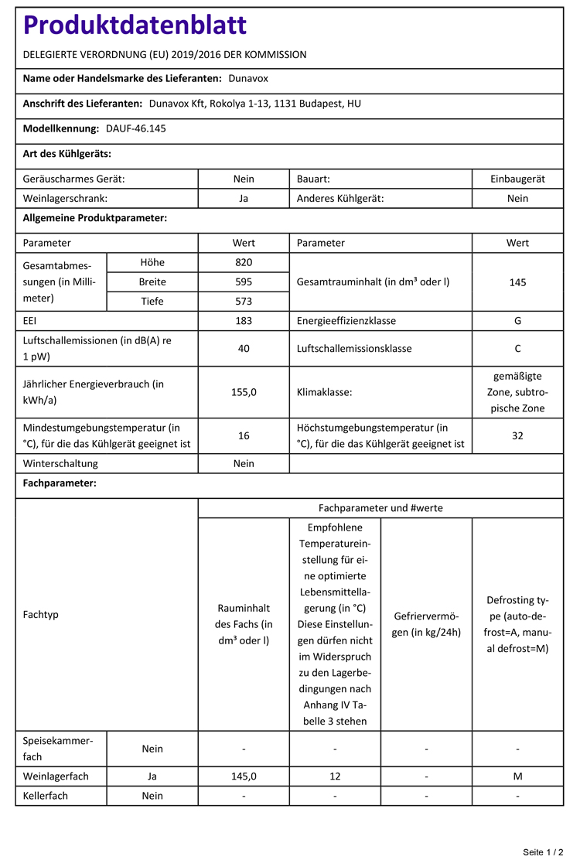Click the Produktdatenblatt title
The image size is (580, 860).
135,26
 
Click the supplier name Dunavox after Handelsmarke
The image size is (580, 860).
248,78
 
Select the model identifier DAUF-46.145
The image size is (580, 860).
135,128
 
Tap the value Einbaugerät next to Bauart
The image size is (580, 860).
517,179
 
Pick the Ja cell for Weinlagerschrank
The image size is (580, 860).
244,199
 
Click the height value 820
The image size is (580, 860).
244,262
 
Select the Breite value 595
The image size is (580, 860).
244,282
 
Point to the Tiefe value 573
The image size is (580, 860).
244,302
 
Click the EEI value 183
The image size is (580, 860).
244,321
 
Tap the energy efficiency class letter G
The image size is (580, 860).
517,321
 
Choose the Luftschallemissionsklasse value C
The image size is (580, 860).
517,349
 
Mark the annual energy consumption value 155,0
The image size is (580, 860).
244,392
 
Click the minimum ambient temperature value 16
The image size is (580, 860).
244,435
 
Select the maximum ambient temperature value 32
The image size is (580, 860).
517,435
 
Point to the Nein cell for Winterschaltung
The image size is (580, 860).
244,464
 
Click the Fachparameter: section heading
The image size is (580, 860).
60,483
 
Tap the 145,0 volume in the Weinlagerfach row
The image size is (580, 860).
244,776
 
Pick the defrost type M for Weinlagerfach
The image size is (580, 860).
517,776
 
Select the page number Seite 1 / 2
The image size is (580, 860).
548,851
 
